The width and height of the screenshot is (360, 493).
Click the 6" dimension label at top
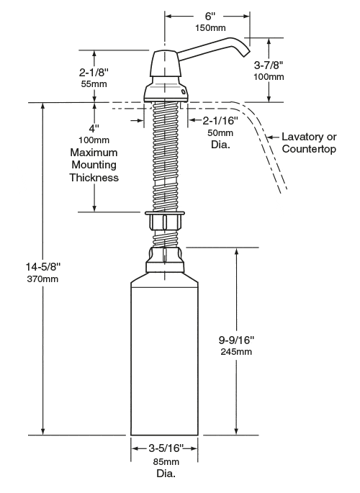click(210, 16)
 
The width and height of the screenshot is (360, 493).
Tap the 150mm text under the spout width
click(210, 27)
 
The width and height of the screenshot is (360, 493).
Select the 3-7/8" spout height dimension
click(269, 65)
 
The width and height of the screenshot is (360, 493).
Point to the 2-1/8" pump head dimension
click(94, 72)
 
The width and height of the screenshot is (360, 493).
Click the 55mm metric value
click(94, 84)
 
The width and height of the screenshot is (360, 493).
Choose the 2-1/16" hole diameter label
click(220, 120)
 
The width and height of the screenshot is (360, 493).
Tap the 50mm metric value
click(220, 132)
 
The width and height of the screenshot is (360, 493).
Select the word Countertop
click(309, 149)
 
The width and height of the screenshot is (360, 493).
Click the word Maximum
click(94, 153)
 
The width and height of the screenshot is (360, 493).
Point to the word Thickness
click(94, 178)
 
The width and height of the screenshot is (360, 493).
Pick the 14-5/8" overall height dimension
click(42, 267)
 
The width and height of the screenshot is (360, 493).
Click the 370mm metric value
click(42, 279)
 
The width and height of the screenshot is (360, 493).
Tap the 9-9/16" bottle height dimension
click(236, 340)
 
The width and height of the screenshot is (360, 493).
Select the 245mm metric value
click(236, 351)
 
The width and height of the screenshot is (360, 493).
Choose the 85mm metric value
click(166, 462)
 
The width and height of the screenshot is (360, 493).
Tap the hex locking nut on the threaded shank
click(165, 221)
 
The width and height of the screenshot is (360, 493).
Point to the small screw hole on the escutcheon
click(183, 91)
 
